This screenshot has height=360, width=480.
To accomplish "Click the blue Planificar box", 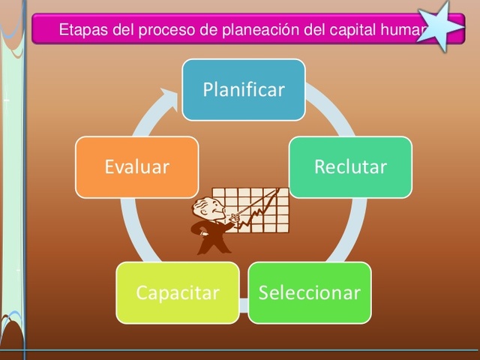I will (x=244, y=90).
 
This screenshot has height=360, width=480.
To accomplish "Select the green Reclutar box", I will (x=350, y=166).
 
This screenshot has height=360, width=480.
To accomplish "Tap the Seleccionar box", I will (x=309, y=292).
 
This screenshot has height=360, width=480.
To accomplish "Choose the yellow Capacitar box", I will (x=178, y=292).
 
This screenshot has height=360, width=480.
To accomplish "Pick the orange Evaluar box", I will (x=136, y=166).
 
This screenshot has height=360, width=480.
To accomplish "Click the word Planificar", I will (x=244, y=90).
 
